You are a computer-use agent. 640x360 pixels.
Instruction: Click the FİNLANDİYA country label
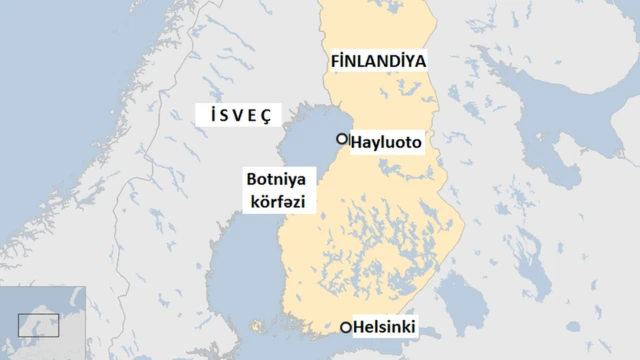(x=378, y=61)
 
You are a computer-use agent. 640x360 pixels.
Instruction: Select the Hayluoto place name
(x=386, y=143)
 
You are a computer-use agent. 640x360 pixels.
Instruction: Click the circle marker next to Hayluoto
(x=342, y=139)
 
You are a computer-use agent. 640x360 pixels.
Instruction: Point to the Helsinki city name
(x=384, y=327)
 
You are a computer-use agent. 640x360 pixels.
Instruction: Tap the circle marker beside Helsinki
(x=346, y=327)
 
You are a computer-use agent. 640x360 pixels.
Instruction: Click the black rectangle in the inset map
(x=38, y=324)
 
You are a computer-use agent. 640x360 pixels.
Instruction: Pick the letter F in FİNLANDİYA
(x=335, y=61)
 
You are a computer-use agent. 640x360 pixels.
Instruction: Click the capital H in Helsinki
(x=359, y=327)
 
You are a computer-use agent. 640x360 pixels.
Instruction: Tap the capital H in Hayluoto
(x=357, y=143)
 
